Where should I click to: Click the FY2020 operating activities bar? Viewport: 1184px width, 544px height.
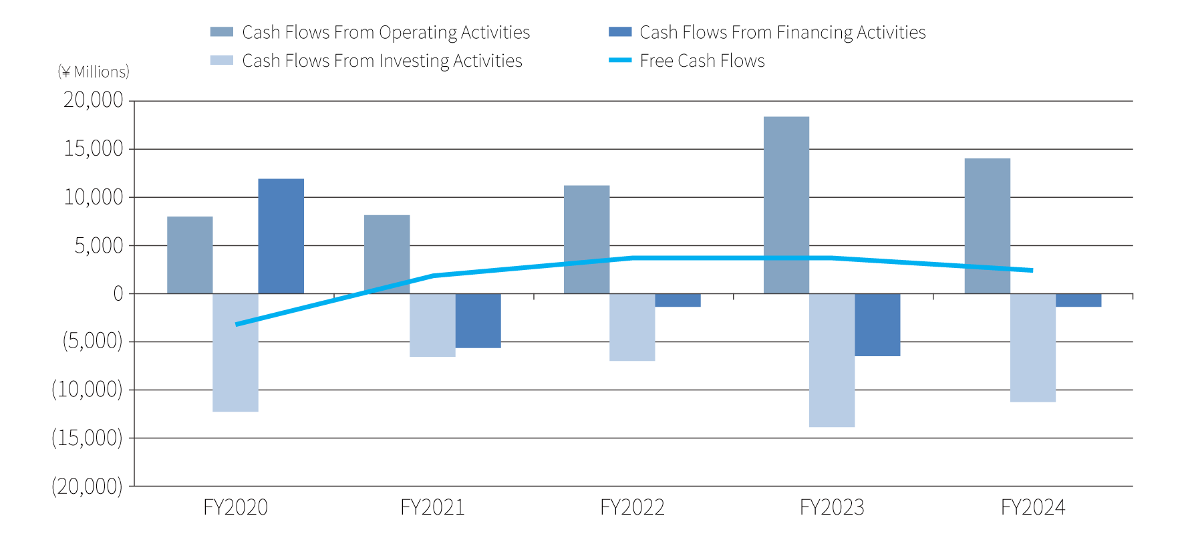point(190,255)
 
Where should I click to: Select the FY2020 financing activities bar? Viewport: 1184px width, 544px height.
point(281,237)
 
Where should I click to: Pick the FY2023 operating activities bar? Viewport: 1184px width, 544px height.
point(786,205)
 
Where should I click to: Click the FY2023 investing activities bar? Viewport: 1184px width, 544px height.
point(831,360)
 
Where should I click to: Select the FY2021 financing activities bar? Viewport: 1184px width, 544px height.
point(478,321)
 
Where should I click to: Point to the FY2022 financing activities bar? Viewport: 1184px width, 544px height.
point(678,300)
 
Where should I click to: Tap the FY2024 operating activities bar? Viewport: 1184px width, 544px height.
point(987,226)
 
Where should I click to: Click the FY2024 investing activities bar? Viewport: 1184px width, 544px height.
point(1032,348)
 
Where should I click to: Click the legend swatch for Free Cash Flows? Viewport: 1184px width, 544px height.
point(620,60)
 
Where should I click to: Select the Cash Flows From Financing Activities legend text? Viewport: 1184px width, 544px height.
point(782,32)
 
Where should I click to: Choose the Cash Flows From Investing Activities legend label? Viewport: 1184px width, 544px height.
point(382,61)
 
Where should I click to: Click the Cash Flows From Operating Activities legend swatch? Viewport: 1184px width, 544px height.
point(222,32)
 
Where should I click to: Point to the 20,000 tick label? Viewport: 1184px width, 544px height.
point(94,100)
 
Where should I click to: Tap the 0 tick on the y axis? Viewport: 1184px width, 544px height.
point(118,293)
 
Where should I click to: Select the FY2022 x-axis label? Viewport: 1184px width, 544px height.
point(632,507)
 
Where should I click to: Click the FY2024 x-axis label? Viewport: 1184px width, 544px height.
point(1032,507)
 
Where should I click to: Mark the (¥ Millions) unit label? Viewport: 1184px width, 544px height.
point(94,72)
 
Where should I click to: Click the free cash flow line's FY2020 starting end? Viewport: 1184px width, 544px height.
point(237,324)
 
